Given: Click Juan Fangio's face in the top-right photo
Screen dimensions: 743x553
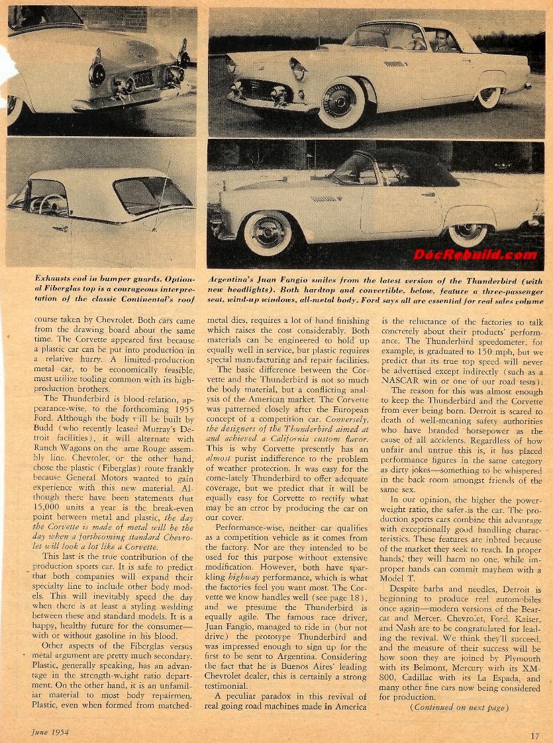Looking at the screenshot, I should pyautogui.click(x=442, y=43).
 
